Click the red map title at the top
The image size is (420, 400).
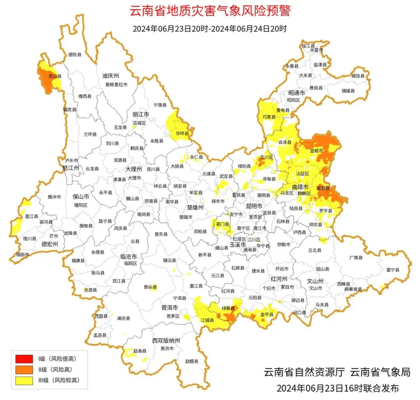(x=210, y=10)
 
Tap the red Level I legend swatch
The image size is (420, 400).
(x=24, y=358)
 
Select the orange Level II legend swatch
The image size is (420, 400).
(x=24, y=369)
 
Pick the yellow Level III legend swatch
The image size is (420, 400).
(x=24, y=381)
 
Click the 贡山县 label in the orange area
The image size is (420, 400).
(x=54, y=76)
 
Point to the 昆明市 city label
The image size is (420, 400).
(x=254, y=205)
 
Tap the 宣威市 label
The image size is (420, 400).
(x=316, y=150)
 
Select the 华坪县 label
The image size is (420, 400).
(x=182, y=133)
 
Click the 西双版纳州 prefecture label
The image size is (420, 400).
(x=166, y=341)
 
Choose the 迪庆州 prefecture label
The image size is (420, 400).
(x=110, y=75)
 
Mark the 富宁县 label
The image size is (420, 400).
(x=393, y=269)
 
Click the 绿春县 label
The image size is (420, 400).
(x=228, y=308)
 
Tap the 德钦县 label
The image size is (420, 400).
(x=75, y=55)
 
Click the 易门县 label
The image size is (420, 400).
(x=222, y=224)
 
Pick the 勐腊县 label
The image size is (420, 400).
(x=191, y=361)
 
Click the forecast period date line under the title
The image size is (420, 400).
(x=210, y=29)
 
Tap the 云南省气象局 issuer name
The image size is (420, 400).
(x=380, y=372)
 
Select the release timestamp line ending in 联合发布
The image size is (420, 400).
(x=338, y=388)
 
